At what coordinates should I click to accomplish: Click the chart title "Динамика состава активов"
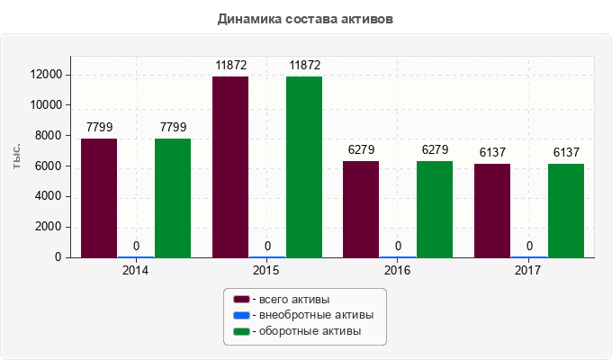305,19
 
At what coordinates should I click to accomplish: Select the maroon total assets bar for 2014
99,198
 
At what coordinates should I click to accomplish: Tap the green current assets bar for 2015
304,167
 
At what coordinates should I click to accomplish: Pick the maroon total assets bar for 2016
361,210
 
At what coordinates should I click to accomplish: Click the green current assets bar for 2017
566,211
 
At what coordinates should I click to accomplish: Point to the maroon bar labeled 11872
230,167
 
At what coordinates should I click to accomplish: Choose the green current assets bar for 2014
173,198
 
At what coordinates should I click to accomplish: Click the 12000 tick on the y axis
46,74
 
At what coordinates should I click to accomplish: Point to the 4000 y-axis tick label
48,195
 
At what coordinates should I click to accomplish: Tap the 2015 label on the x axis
266,270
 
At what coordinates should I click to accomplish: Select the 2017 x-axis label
527,270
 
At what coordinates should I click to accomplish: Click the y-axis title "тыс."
16,157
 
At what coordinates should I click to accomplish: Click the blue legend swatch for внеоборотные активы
241,315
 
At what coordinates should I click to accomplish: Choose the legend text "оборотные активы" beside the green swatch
310,331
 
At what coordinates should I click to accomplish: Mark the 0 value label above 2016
398,246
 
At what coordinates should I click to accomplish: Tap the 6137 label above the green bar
566,152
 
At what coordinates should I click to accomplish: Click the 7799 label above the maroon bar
100,127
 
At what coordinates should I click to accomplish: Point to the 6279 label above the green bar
436,149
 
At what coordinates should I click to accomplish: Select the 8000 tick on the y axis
48,135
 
